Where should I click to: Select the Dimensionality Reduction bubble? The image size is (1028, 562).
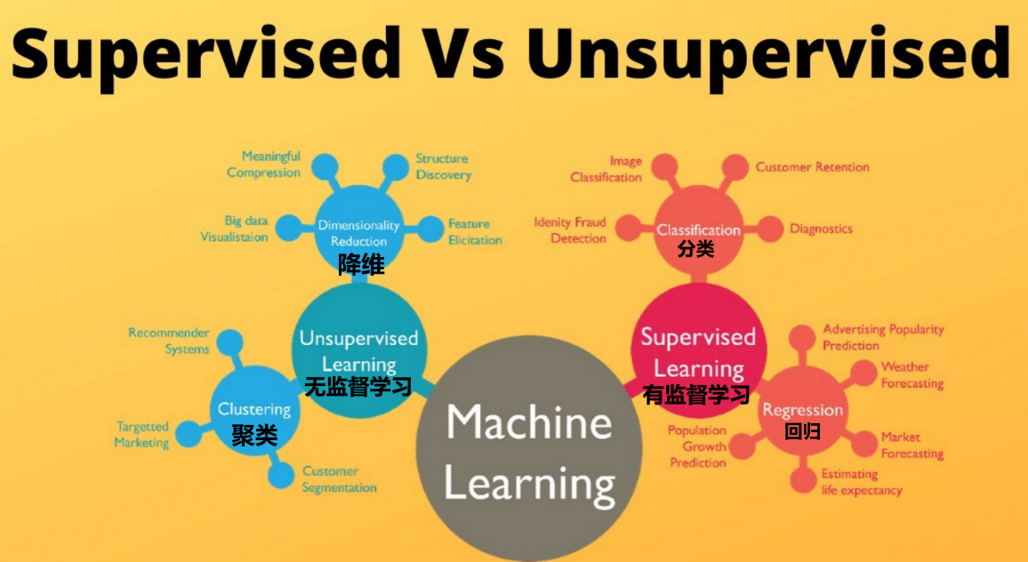[x=358, y=228]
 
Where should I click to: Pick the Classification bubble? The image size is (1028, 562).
[x=698, y=227]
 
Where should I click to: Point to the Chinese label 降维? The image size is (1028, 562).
[x=360, y=264]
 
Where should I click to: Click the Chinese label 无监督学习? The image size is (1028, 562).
[x=357, y=387]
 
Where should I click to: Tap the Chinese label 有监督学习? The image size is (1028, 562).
[x=696, y=395]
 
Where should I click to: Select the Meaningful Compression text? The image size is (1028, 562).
[x=263, y=165]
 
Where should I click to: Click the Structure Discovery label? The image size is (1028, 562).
[x=443, y=167]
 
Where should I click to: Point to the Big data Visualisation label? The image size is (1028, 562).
[x=234, y=229]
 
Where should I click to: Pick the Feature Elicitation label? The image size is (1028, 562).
[x=475, y=232]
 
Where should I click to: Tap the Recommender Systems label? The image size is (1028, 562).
[x=169, y=341]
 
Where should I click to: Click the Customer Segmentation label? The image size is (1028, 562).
[x=339, y=479]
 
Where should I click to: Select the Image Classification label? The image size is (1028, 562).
[x=606, y=169]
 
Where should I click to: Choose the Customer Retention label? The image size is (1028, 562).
[x=812, y=166]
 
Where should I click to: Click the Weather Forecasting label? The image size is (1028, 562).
[x=912, y=375]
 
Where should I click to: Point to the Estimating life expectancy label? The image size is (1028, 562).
[x=861, y=482]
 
